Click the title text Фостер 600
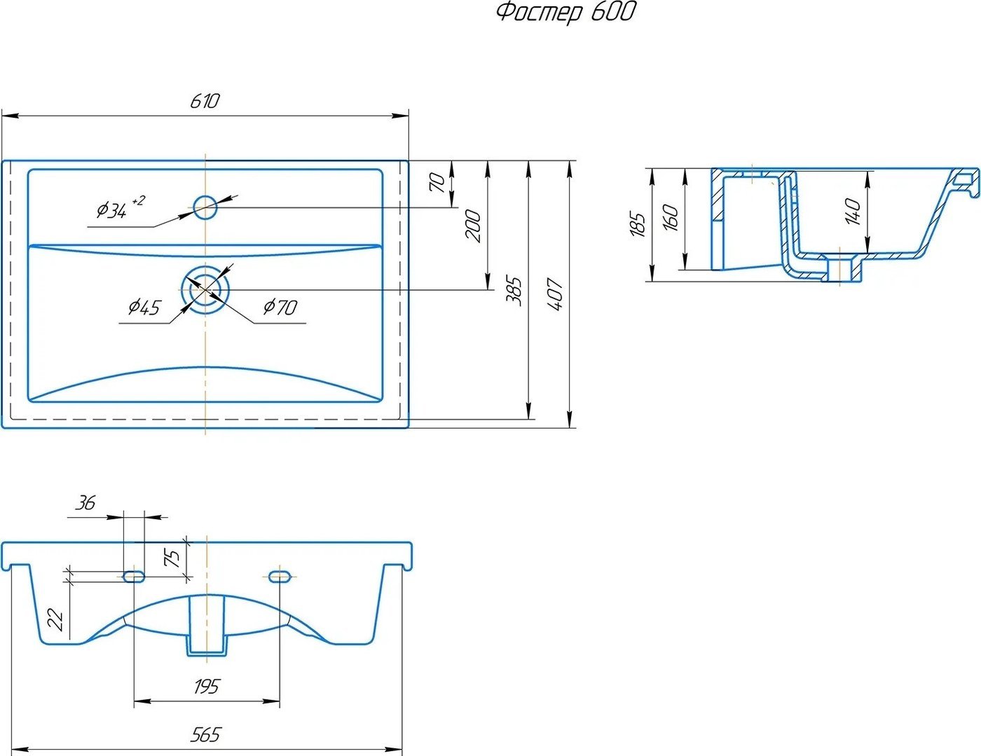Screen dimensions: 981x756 566,12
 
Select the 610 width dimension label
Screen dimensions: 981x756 205,101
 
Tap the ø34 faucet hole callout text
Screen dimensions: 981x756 121,207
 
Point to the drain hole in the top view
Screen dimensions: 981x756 206,289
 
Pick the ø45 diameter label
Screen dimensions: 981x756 144,308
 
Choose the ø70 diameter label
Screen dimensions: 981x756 280,308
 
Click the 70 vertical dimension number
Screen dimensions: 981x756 437,183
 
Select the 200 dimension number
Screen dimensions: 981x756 474,226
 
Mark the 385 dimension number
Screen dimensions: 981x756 514,291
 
